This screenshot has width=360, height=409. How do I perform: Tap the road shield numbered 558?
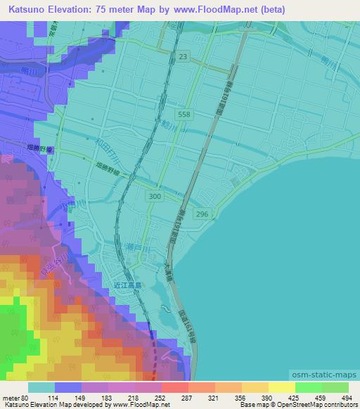[184, 113]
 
